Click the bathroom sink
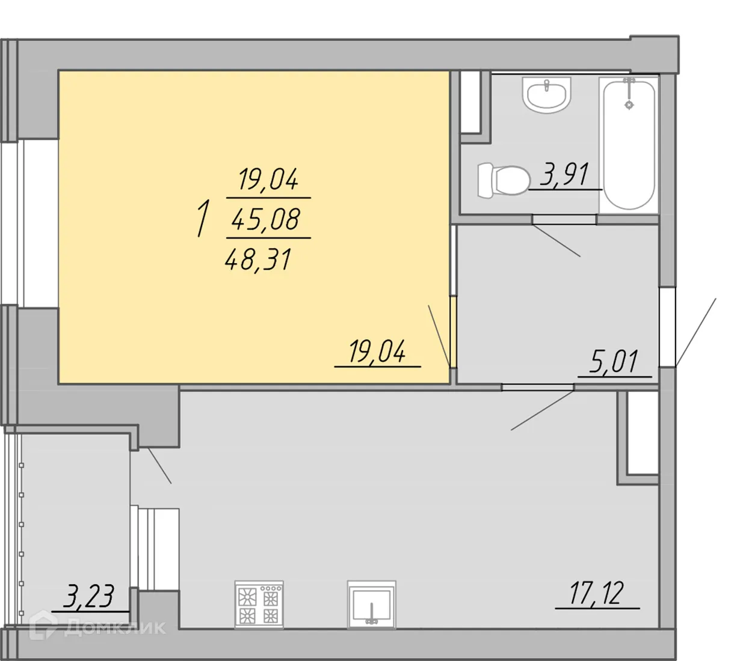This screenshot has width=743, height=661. coord(546,94)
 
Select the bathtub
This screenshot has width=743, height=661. coord(629,144)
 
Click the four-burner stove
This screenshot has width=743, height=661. coord(259,604)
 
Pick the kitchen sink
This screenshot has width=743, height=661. coord(372,604)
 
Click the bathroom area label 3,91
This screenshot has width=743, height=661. coord(564,174)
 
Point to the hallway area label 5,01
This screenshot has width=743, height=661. coord(614,362)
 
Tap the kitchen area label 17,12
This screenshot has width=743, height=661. coord(597,594)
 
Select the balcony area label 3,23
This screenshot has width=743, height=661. coord(89,596)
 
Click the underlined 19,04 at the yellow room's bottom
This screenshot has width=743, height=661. coord(377,352)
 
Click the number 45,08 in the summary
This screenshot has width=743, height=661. coord(266,219)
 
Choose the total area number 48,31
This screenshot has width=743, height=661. coord(258,260)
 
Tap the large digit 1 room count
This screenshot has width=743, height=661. coord(203,220)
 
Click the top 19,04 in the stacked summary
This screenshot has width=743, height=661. coord(268,179)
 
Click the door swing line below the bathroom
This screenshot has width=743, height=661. coord(556,240)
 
